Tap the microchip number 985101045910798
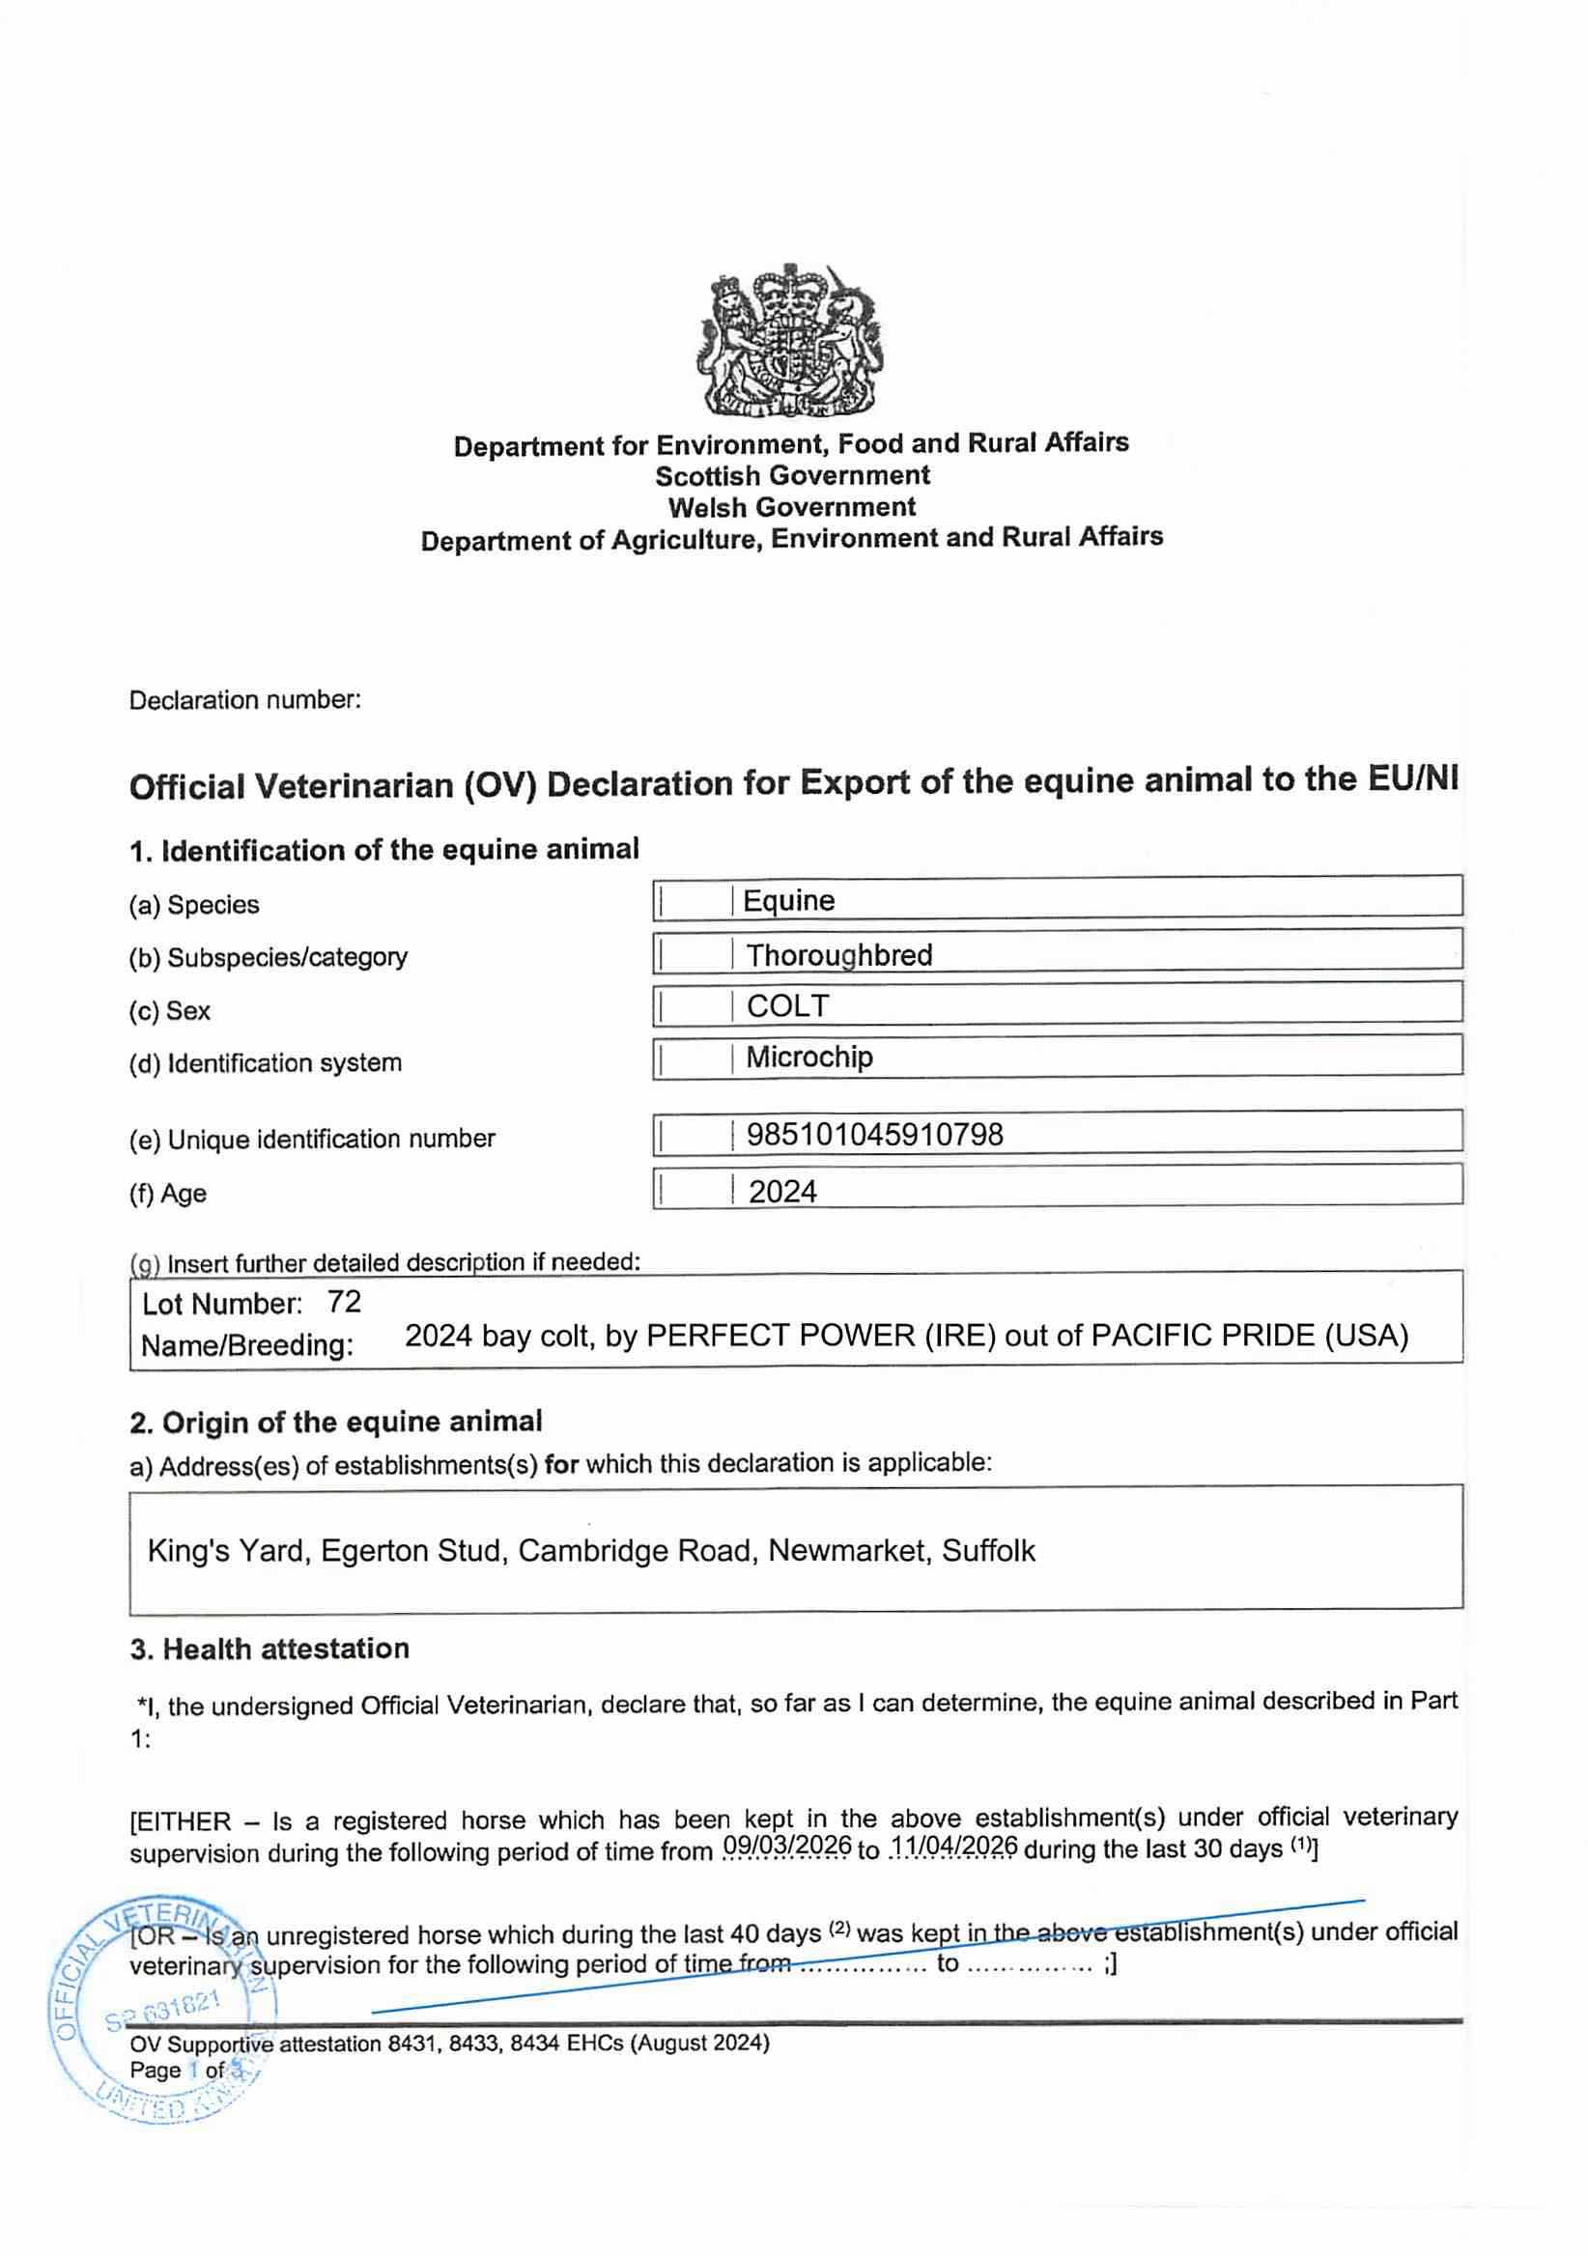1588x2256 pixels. coord(874,1135)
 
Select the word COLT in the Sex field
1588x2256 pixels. coord(787,1005)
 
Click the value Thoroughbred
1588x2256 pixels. coord(838,954)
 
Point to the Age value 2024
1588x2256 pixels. coord(782,1191)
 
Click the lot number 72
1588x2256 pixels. coord(344,1302)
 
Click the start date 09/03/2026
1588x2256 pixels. coord(787,1846)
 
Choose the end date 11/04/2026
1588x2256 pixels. coord(953,1846)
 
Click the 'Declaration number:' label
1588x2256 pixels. coord(244,700)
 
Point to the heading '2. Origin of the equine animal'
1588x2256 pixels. coord(335,1422)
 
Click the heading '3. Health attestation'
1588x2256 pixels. coord(269,1649)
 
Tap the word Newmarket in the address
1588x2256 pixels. coord(848,1550)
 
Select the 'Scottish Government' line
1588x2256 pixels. coord(792,475)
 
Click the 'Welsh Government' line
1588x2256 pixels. coord(792,507)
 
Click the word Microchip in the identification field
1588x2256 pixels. coord(808,1057)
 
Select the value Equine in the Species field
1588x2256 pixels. coord(788,900)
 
